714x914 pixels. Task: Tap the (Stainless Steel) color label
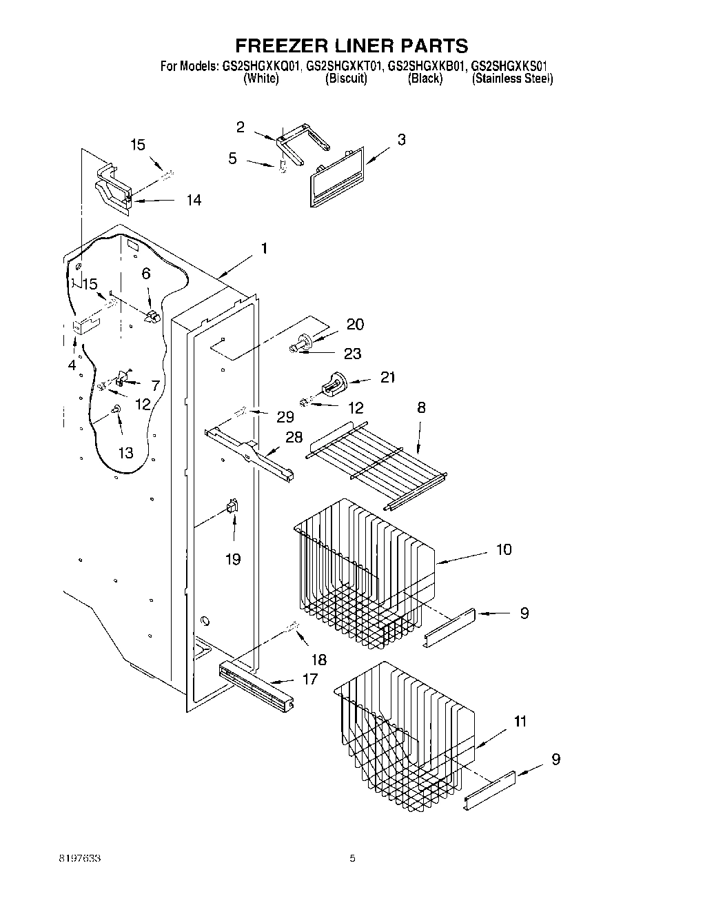(x=512, y=79)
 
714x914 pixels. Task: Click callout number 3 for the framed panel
(x=401, y=139)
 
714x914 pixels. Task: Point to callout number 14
(x=194, y=200)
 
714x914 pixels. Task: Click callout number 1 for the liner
(x=264, y=249)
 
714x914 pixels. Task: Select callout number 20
(x=355, y=324)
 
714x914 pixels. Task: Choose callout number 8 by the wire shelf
(x=420, y=407)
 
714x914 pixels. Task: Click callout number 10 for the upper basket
(x=504, y=549)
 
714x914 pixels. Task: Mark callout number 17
(x=310, y=679)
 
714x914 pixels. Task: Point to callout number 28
(x=294, y=437)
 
